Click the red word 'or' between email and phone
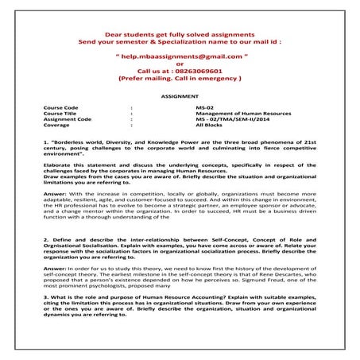pyautogui.click(x=178, y=64)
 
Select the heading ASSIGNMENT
pyautogui.click(x=180, y=94)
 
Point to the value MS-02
pyautogui.click(x=204, y=106)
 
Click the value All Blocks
pyautogui.click(x=209, y=126)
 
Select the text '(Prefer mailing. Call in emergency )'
pyautogui.click(x=178, y=80)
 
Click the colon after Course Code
pyautogui.click(x=130, y=106)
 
